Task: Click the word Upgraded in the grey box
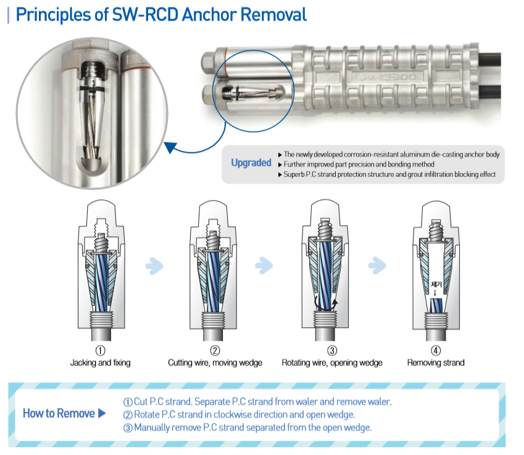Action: [251, 163]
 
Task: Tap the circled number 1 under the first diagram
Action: [100, 351]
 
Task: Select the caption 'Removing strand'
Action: [436, 363]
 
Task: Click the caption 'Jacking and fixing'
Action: [100, 363]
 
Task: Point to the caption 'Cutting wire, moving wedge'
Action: [215, 363]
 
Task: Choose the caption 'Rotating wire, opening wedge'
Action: [332, 363]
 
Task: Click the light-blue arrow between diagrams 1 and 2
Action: [154, 266]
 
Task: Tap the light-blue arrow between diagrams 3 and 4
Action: [377, 265]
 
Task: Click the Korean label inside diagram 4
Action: [436, 284]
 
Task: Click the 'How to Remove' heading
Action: [59, 413]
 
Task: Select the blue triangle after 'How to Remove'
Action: [102, 413]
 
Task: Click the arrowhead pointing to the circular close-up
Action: [170, 147]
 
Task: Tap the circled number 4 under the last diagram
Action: [436, 351]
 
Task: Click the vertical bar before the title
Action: [9, 15]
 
